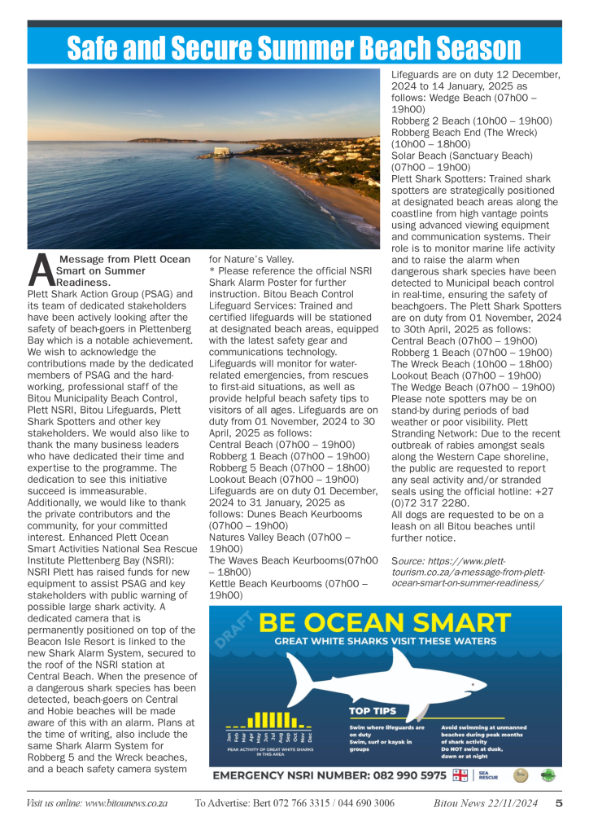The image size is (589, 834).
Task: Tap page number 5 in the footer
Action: pyautogui.click(x=560, y=803)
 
